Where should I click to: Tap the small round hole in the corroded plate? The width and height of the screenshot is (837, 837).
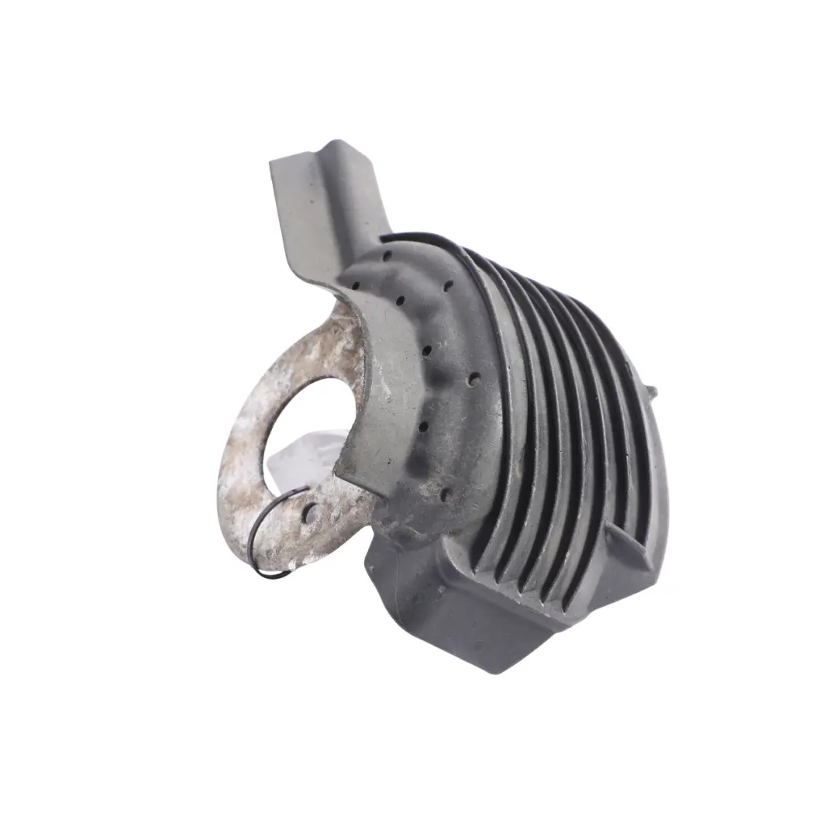tap(311, 512)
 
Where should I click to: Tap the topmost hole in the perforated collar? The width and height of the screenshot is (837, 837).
tap(386, 255)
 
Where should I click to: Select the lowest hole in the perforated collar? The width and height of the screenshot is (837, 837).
tap(446, 493)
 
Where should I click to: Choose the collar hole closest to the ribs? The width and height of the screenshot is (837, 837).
tap(474, 379)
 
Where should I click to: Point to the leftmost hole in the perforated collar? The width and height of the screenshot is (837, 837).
tap(355, 284)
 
